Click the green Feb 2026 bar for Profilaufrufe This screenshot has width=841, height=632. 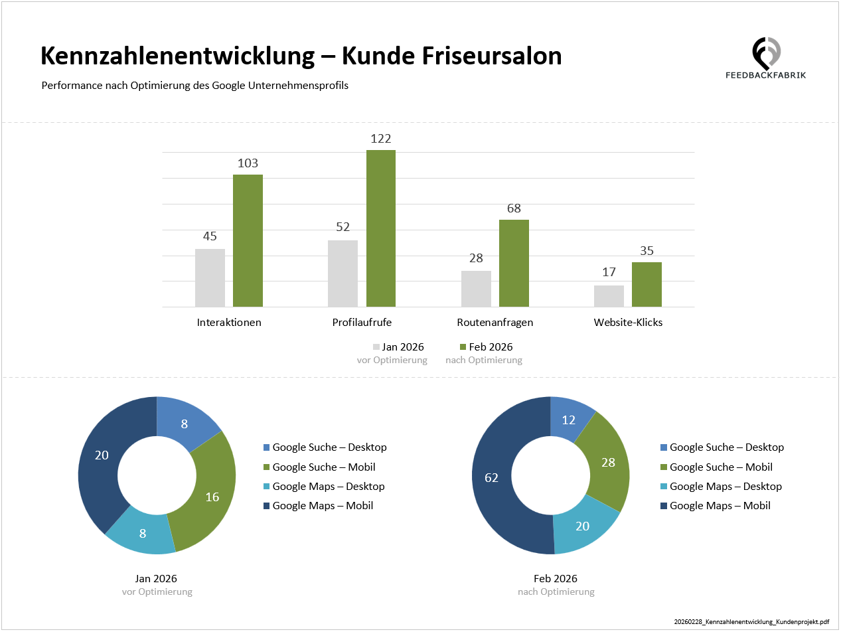tap(380, 228)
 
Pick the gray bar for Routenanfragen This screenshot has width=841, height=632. tap(476, 289)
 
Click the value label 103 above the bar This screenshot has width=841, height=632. tap(248, 163)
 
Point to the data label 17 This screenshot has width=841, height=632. tap(609, 272)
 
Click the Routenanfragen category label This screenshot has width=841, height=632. tap(495, 323)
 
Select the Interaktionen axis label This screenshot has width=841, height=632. tap(229, 323)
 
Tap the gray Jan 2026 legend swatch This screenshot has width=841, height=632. tap(376, 347)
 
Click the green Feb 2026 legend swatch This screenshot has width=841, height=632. tap(463, 347)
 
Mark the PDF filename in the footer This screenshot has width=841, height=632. tap(751, 622)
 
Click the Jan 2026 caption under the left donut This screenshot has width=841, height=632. tap(156, 578)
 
